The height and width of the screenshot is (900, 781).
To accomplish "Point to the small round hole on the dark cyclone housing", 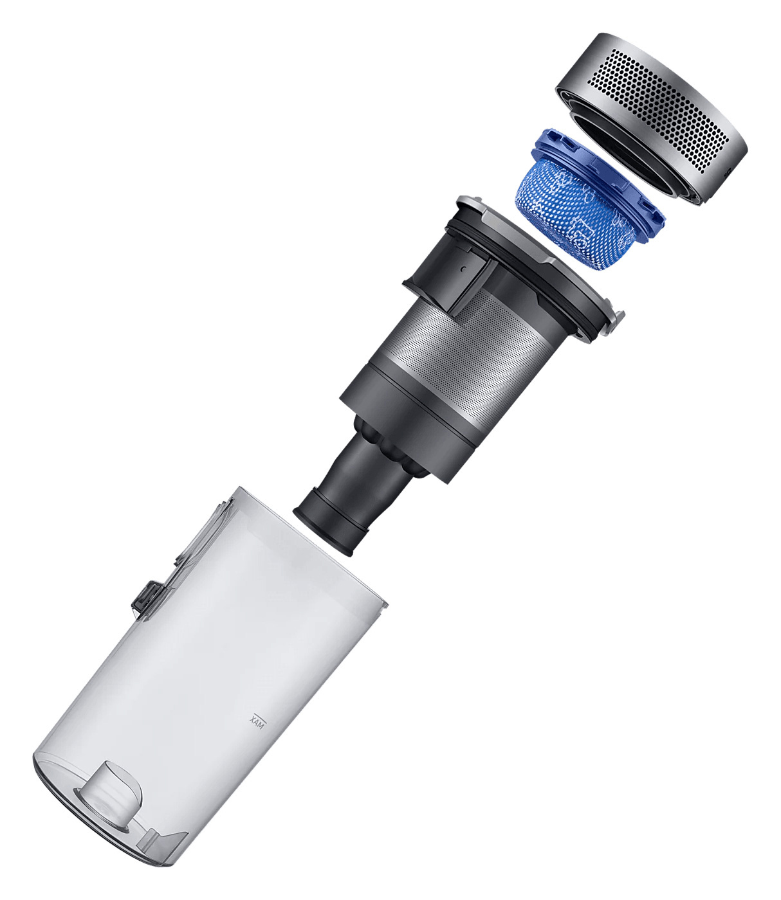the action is pyautogui.click(x=463, y=269).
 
